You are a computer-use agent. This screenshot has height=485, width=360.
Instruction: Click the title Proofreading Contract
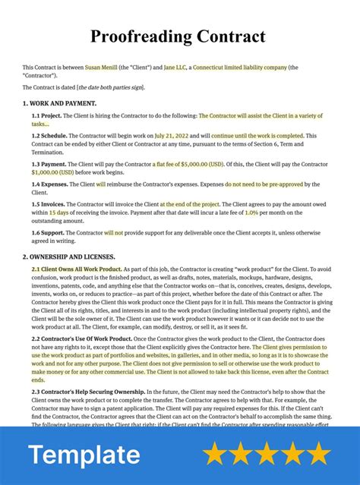click(x=179, y=36)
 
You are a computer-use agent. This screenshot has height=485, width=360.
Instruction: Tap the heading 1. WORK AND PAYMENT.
click(x=59, y=102)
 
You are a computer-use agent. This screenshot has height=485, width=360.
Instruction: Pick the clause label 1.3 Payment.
click(x=48, y=164)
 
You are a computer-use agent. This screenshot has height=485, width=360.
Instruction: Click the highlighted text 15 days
click(x=61, y=213)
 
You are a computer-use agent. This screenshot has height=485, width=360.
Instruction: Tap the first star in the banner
click(x=216, y=454)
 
